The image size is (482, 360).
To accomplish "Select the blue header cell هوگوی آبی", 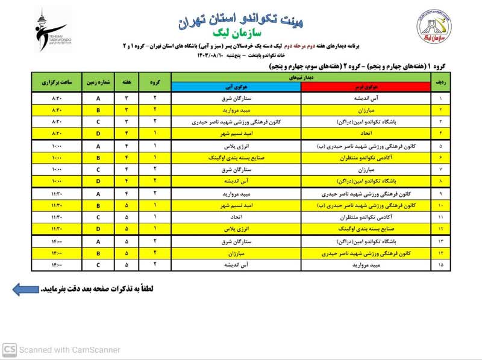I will click(236, 87).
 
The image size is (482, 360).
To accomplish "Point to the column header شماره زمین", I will click(99, 82).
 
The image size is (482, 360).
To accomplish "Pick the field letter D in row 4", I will click(99, 132).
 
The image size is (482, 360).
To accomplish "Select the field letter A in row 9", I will click(99, 194).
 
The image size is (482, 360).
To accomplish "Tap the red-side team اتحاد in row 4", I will click(367, 132).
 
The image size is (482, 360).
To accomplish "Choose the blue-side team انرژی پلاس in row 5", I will click(236, 146).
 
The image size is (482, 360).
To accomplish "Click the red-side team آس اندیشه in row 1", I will click(367, 98).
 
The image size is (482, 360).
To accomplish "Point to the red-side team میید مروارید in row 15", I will click(367, 264).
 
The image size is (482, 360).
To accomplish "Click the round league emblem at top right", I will click(432, 28).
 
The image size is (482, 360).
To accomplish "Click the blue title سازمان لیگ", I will click(241, 35).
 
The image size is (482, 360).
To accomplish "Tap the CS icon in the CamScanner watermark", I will click(9, 349).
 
